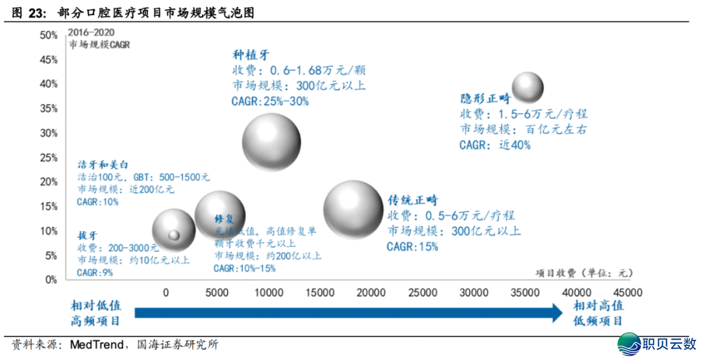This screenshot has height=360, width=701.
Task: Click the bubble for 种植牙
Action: (x=271, y=142)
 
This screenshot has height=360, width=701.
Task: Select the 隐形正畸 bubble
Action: (x=528, y=88)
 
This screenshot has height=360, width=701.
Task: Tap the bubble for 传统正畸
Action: (x=353, y=210)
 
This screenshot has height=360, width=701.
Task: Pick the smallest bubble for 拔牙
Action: (x=173, y=235)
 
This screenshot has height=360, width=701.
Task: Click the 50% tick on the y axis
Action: (x=49, y=35)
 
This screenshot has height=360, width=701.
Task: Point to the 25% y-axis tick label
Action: (x=49, y=158)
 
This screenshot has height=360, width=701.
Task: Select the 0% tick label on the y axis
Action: (x=51, y=280)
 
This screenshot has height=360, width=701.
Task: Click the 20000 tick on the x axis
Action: (x=372, y=293)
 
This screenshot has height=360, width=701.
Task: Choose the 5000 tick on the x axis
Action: (x=216, y=293)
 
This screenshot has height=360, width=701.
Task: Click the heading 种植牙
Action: (x=251, y=55)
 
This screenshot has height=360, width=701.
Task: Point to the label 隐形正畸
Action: (x=486, y=99)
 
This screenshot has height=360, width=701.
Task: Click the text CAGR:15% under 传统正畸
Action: (x=412, y=246)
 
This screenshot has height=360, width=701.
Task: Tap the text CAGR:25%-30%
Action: (x=270, y=101)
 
